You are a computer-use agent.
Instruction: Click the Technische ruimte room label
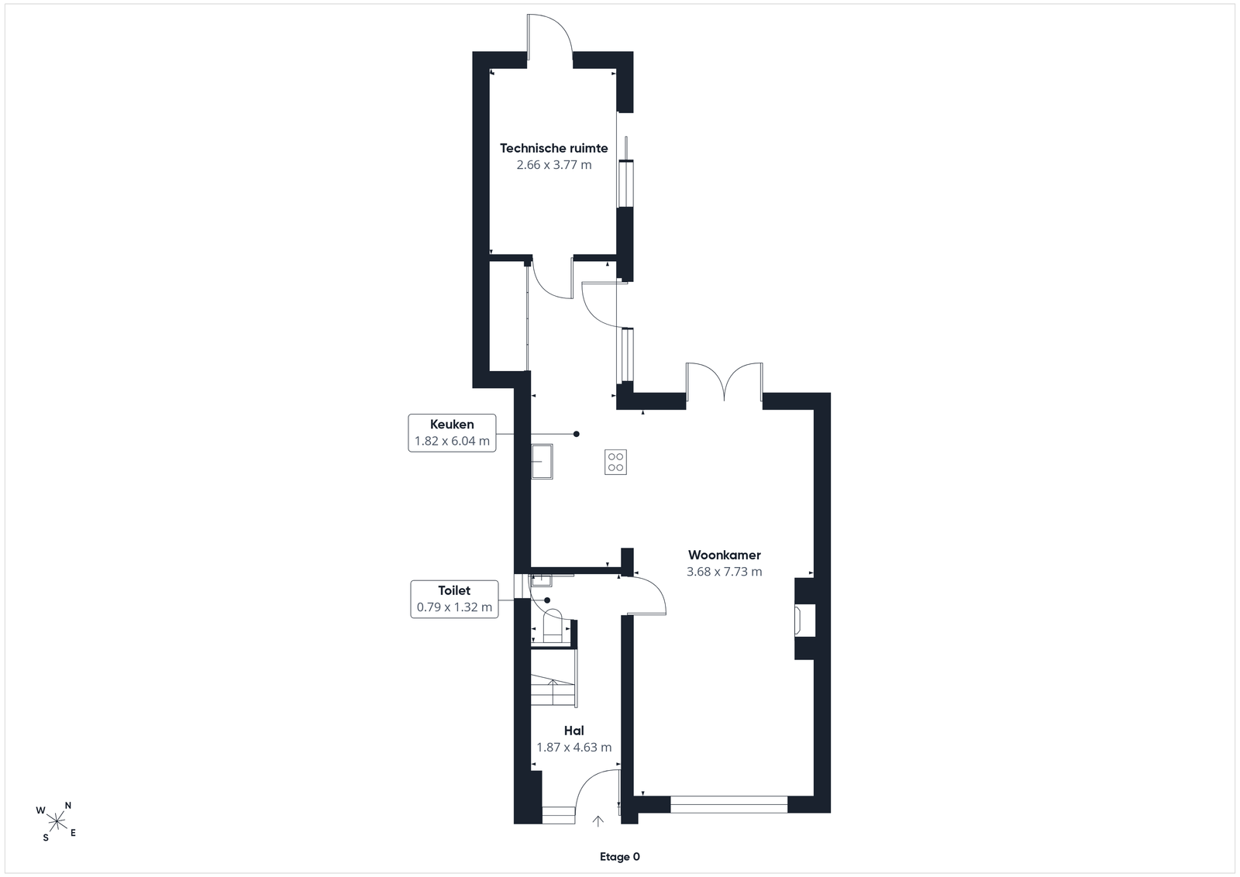(x=553, y=148)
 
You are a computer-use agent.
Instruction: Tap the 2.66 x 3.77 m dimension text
(x=554, y=165)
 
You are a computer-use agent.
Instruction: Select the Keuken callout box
(x=453, y=433)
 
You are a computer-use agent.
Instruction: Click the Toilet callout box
(x=454, y=599)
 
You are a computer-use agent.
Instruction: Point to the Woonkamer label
(x=725, y=555)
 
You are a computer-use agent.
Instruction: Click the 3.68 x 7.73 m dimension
(x=725, y=572)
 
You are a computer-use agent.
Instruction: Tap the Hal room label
(x=574, y=731)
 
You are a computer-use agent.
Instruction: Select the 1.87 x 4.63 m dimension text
(x=574, y=748)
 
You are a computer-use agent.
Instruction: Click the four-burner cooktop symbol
(x=615, y=462)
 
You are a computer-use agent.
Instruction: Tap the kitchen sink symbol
(x=542, y=462)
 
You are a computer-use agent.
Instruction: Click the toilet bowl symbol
(x=553, y=625)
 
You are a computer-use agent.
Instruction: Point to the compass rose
(x=57, y=822)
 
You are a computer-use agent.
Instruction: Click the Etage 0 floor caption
(x=620, y=857)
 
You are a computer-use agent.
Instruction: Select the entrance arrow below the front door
(x=598, y=821)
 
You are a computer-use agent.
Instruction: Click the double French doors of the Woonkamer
(x=724, y=382)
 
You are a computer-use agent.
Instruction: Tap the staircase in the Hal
(x=553, y=678)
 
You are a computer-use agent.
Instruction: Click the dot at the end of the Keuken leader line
(x=577, y=435)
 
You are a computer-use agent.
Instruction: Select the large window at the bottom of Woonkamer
(x=728, y=804)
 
